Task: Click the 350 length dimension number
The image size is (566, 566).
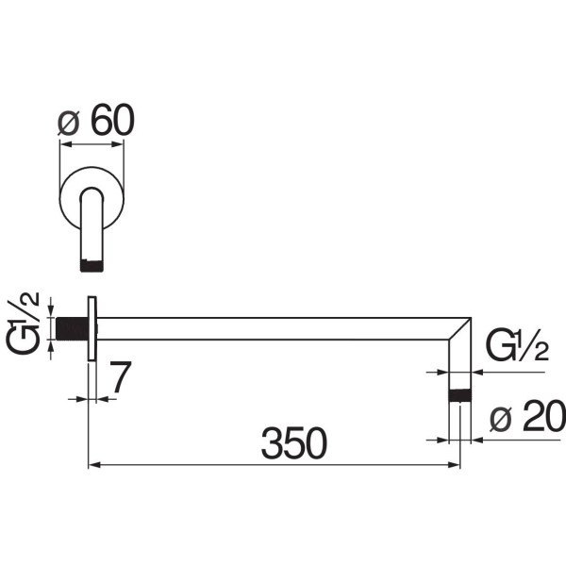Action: [x=293, y=443]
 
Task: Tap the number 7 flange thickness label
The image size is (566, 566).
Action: [x=120, y=376]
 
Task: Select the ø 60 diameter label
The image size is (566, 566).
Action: [x=96, y=120]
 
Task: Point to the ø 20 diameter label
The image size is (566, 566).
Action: [x=527, y=417]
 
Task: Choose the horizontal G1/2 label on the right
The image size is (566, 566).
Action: [x=518, y=344]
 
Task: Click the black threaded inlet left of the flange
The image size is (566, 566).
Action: [x=73, y=328]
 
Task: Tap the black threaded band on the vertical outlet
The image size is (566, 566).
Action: [x=459, y=395]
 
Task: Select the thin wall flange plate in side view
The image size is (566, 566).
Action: [x=92, y=328]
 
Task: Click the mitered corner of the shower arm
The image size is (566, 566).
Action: [x=460, y=328]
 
